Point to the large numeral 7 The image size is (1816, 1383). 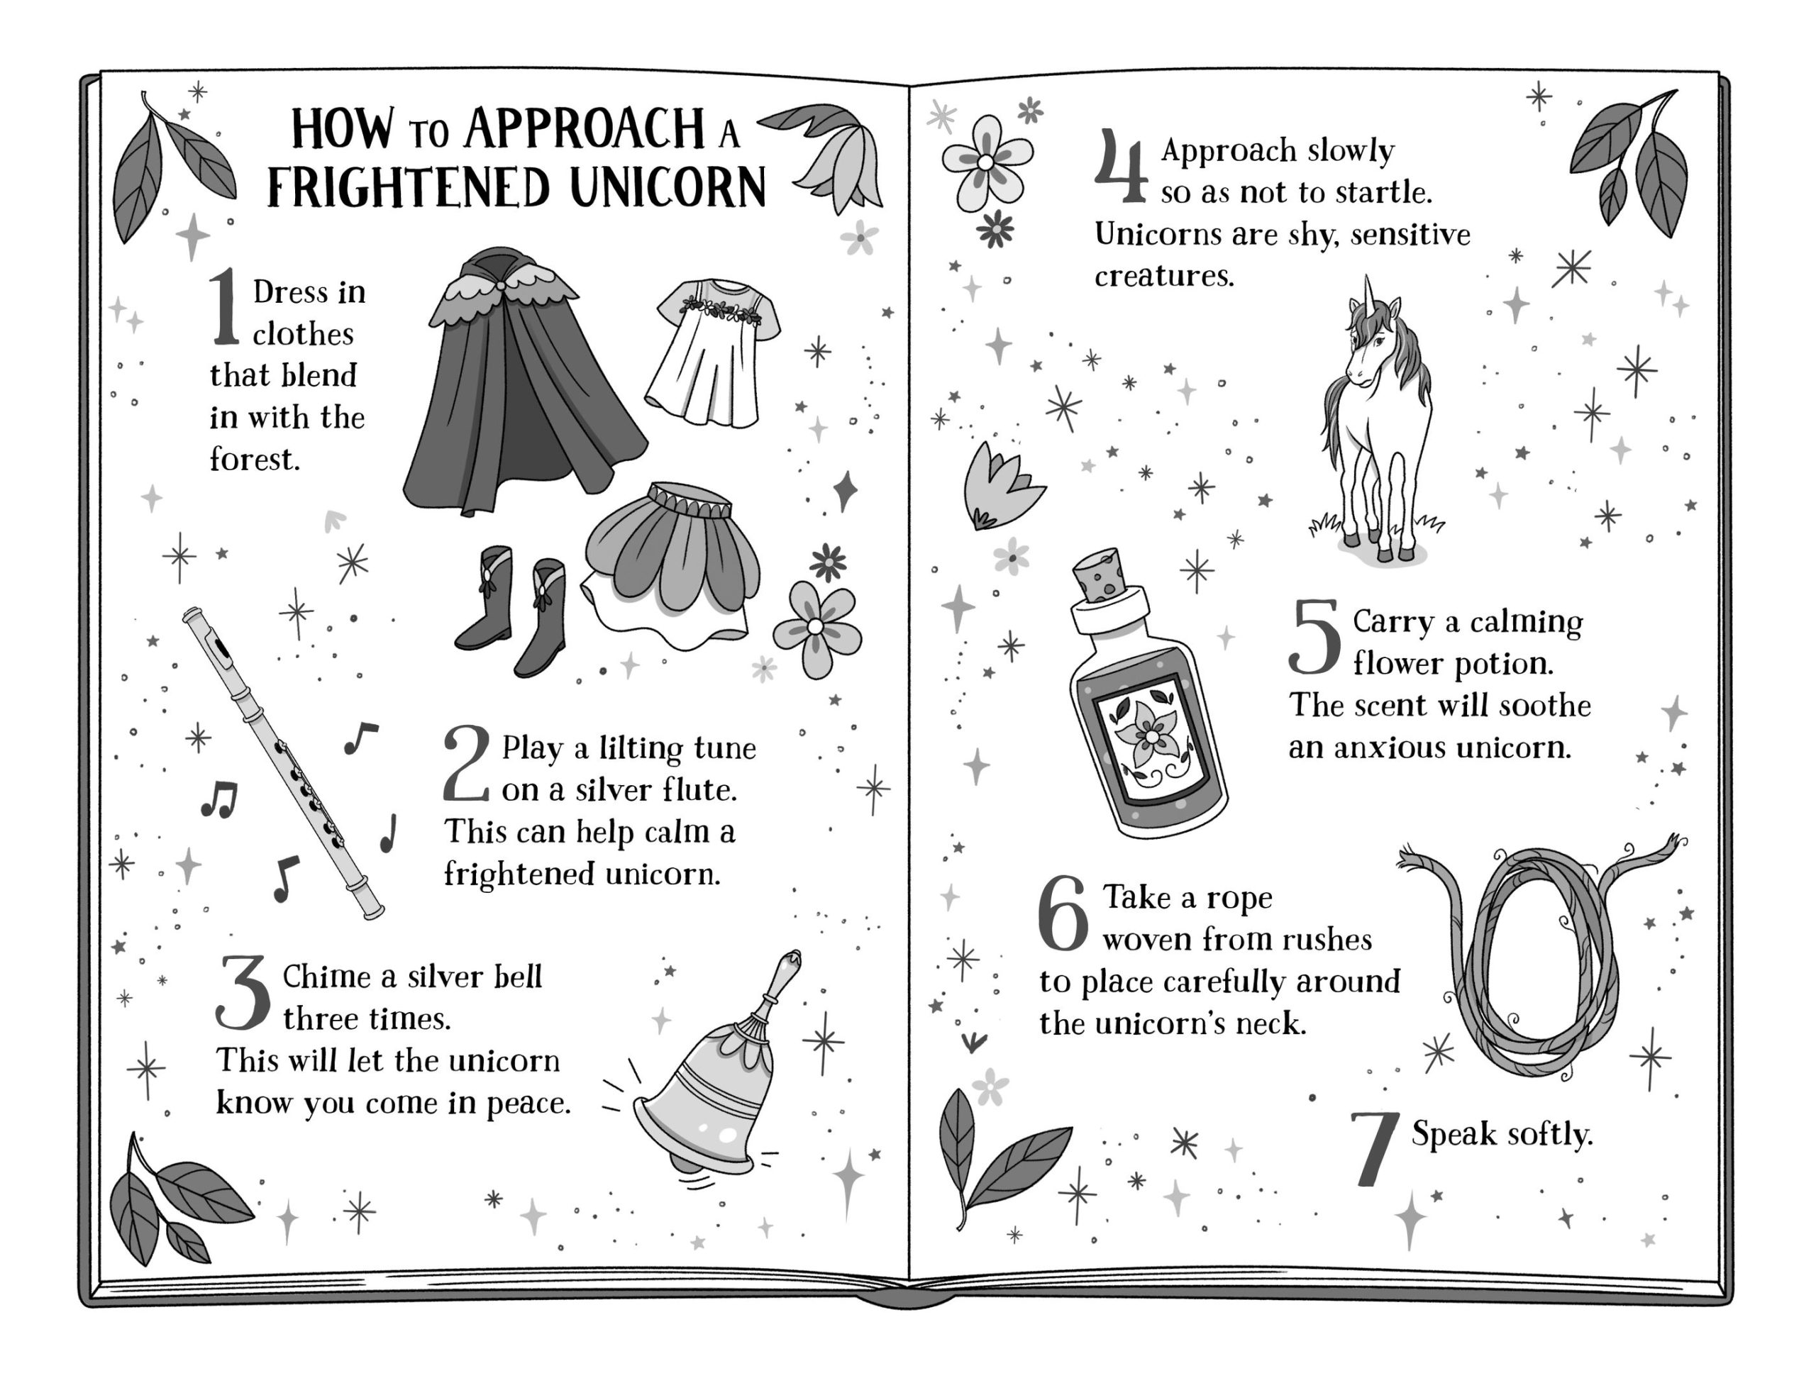1375,1149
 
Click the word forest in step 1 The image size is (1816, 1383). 255,459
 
